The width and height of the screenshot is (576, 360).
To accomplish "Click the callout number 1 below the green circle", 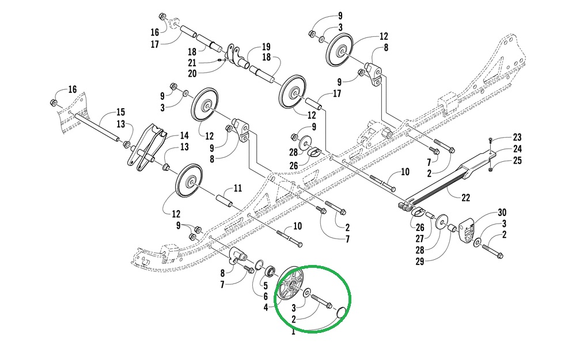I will tap(293, 331).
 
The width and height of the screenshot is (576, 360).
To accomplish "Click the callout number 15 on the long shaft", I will tap(120, 112).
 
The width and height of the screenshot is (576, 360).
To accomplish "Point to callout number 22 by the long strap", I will tap(465, 198).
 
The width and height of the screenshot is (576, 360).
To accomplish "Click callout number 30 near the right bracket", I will tap(502, 212).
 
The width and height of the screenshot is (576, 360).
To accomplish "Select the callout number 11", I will tap(237, 188).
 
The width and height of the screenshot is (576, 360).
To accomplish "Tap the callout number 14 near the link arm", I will tap(184, 136).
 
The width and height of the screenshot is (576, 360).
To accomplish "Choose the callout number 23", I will tap(517, 137).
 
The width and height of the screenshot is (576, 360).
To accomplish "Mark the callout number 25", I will tap(517, 161).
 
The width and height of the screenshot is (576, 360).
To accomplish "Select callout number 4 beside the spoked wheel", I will tap(266, 308).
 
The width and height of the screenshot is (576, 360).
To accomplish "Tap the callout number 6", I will tap(266, 296).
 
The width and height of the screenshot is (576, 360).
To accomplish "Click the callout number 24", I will tap(517, 149).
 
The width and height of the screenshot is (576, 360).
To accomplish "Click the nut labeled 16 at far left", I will tap(52, 103).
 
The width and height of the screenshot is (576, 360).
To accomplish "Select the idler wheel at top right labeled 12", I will tap(340, 51).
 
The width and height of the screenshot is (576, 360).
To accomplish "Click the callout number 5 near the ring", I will tap(266, 285).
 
